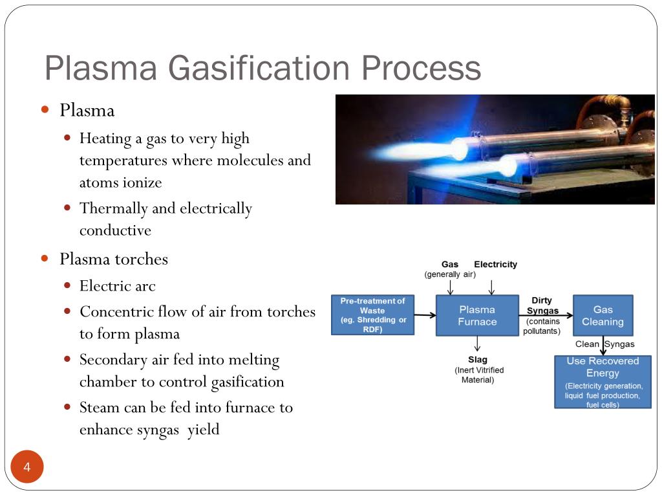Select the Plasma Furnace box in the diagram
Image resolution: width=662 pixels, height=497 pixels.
pos(477,316)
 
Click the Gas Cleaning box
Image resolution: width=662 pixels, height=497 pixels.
pos(603,316)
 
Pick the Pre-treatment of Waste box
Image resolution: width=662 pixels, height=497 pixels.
pos(372,315)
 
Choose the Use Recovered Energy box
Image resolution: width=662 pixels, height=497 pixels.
pos(603,382)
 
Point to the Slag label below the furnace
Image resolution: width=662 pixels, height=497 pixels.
pos(478,360)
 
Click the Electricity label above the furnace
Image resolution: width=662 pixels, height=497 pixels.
pos(495,264)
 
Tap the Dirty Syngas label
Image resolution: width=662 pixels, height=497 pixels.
pos(542,305)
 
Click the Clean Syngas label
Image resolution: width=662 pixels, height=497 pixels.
pos(604,344)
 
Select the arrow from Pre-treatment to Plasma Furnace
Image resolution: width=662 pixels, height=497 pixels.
pos(425,316)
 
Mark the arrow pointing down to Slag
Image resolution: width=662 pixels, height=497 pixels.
pos(477,344)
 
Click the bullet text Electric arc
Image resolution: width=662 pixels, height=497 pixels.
pos(117,285)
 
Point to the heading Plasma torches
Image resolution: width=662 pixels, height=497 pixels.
pos(113,259)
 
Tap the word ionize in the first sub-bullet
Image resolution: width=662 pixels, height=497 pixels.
pos(139,182)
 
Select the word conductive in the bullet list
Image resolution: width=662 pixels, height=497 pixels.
pos(115,230)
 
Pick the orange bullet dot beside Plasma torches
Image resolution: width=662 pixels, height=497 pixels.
pos(45,258)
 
